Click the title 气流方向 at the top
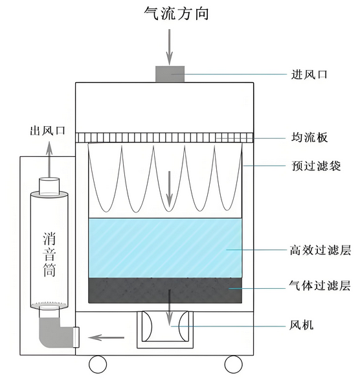click(176, 13)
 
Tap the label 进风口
click(309, 74)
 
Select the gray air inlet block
click(170, 74)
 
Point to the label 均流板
click(309, 137)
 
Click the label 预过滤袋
click(316, 166)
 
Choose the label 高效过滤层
click(320, 250)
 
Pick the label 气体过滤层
click(320, 286)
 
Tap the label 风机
click(302, 325)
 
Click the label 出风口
click(48, 131)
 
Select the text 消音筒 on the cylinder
click(49, 254)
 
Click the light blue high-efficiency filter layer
click(165, 248)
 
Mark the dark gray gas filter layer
click(165, 291)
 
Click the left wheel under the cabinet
click(98, 364)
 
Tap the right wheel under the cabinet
click(233, 364)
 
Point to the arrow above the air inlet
click(169, 47)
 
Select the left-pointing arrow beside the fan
click(106, 338)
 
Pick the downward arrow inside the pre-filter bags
click(169, 189)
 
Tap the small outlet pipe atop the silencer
click(49, 186)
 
